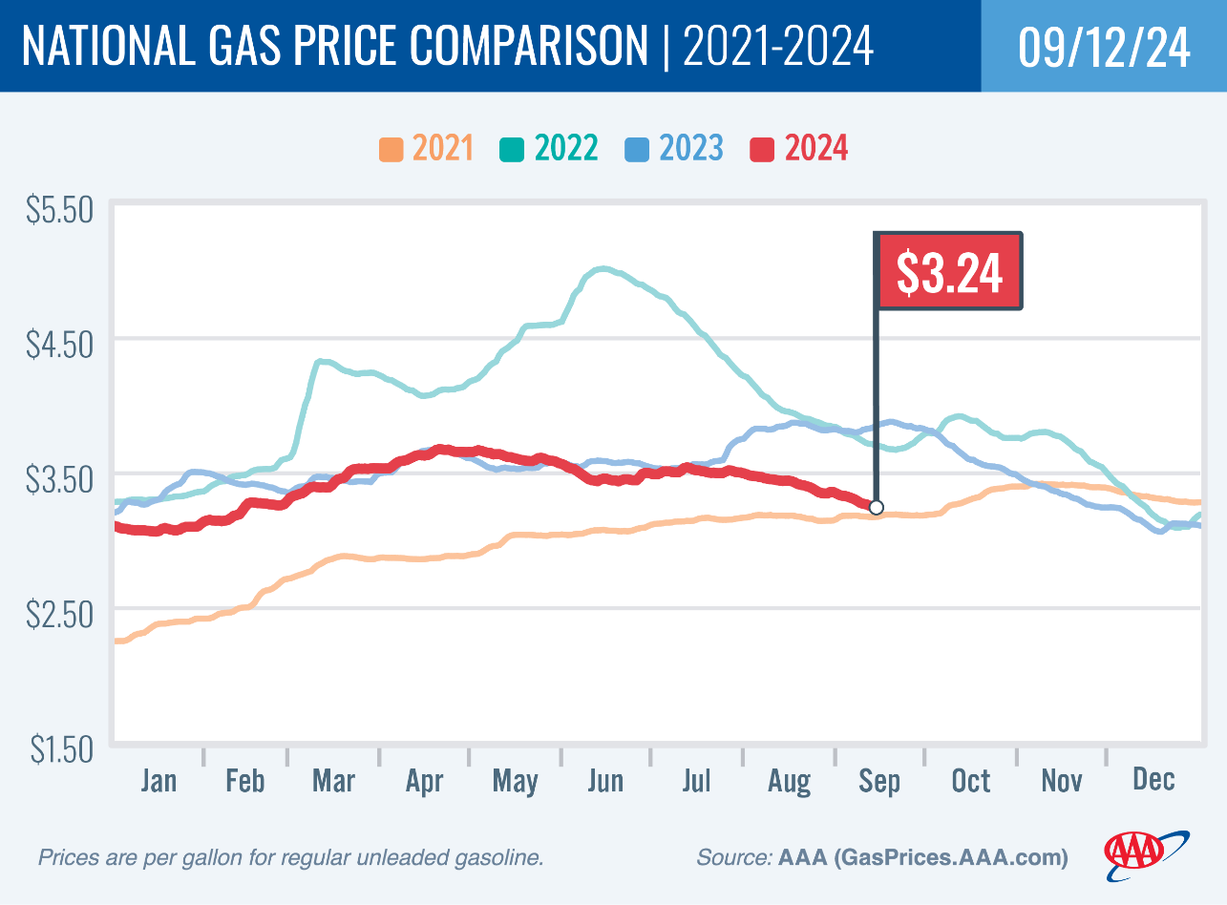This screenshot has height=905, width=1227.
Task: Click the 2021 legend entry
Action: tap(426, 149)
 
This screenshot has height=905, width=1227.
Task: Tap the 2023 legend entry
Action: tap(674, 149)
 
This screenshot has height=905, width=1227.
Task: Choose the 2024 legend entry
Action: tap(799, 149)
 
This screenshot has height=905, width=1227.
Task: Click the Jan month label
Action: tap(158, 781)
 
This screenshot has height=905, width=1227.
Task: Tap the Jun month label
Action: tap(604, 781)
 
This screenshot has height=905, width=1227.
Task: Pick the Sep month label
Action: tap(879, 781)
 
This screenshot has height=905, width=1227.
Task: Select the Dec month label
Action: tap(1153, 781)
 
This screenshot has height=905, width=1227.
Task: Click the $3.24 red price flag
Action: tap(949, 272)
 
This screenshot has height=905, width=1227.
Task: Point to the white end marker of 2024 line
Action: tap(877, 507)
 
